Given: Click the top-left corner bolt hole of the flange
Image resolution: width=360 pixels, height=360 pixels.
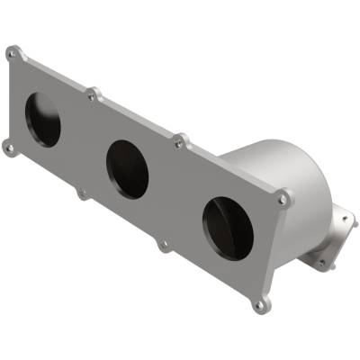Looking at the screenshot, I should (12, 54).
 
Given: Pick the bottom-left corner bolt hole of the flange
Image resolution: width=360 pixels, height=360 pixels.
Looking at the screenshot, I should (9, 148).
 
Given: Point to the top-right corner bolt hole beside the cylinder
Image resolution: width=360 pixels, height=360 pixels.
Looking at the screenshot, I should (283, 198).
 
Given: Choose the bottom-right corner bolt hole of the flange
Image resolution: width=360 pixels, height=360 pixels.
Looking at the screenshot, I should (260, 304).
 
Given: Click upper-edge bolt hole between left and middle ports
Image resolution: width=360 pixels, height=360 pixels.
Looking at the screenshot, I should (91, 94).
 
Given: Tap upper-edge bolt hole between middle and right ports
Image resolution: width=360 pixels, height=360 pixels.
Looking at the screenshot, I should (181, 141).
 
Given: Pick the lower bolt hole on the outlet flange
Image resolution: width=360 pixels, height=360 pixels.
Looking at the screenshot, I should (321, 265).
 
